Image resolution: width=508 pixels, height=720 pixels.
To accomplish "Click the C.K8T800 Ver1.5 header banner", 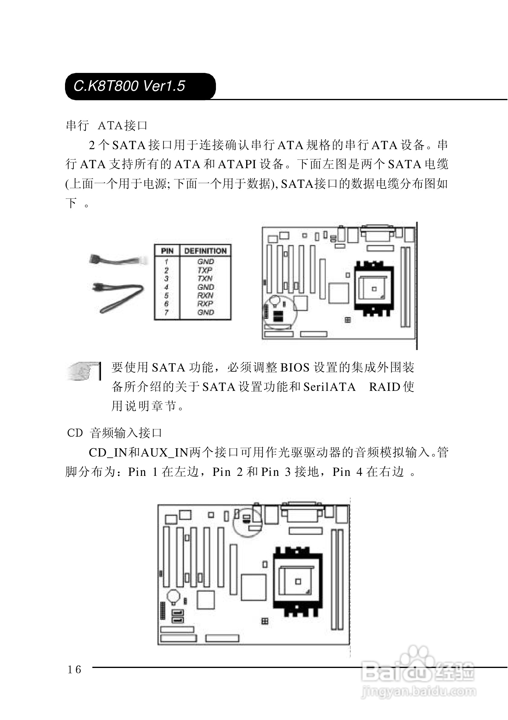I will (140, 86).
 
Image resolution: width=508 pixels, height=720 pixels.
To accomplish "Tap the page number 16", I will (74, 669).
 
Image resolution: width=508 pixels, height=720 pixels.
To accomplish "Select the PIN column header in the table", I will (167, 251).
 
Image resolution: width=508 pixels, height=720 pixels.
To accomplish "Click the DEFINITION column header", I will (205, 251).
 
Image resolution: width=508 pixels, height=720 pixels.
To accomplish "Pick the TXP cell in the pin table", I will (205, 270).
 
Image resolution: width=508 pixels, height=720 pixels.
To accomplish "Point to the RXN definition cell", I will (205, 295).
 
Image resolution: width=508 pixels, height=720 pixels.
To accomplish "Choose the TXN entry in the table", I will (205, 278).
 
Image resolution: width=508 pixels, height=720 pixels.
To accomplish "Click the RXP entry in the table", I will (205, 303).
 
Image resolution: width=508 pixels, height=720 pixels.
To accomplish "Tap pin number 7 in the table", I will (166, 312).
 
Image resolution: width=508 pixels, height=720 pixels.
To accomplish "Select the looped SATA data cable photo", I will (119, 297).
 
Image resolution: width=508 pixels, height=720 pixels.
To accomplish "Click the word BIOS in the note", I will (295, 368).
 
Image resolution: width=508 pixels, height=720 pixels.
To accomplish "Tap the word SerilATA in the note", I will (329, 387).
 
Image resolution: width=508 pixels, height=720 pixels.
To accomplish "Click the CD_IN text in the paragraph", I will (107, 453).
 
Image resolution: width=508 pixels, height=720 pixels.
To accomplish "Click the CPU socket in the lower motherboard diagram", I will (298, 581).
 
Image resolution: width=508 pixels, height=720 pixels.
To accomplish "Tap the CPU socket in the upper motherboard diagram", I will (373, 289).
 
